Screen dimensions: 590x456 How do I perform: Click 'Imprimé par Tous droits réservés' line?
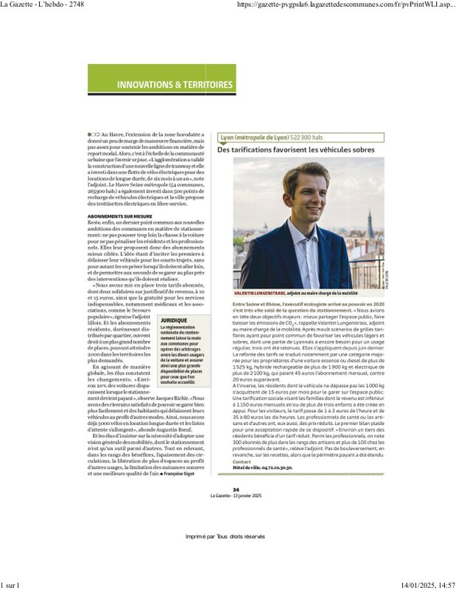click(224, 535)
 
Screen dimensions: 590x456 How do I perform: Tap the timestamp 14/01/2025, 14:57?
click(424, 585)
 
